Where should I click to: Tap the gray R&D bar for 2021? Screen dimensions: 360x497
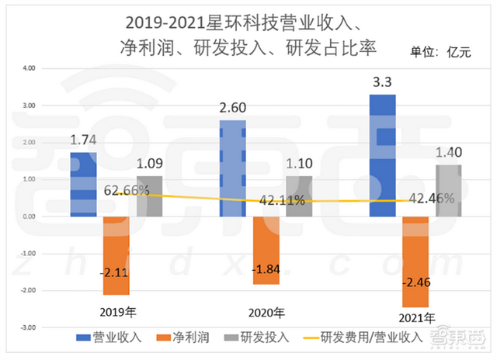449,190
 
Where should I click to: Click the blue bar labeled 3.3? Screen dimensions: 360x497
383,155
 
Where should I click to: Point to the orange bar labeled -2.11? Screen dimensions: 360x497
116,255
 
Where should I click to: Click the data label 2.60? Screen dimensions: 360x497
233,108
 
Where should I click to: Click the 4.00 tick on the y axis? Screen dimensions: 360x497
28,68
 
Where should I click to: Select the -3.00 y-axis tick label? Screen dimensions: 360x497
27,327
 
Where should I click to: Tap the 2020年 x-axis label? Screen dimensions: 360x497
266,313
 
